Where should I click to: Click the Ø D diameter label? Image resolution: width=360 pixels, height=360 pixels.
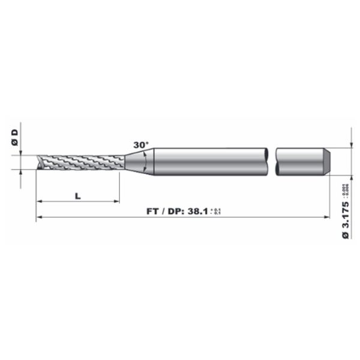[16, 136]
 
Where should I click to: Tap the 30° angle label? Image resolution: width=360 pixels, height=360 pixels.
[140, 146]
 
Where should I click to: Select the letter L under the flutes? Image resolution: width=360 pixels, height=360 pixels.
[78, 195]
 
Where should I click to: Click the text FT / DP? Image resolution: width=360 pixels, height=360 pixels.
[165, 211]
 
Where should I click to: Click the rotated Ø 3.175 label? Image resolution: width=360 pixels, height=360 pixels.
[346, 221]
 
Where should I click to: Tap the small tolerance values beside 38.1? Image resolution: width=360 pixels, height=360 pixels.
[217, 211]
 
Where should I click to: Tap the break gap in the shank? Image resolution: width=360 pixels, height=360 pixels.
[271, 161]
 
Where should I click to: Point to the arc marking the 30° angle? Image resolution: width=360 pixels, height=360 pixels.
[146, 161]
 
